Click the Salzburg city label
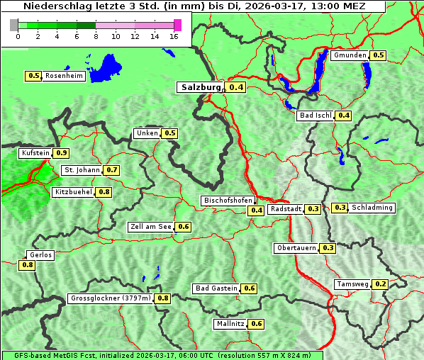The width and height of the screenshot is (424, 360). pyautogui.click(x=201, y=87)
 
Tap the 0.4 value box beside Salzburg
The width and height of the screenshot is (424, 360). pyautogui.click(x=236, y=88)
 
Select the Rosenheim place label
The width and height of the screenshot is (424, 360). pyautogui.click(x=64, y=76)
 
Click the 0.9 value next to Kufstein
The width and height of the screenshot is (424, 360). pyautogui.click(x=62, y=153)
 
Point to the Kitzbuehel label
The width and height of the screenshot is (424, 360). pyautogui.click(x=73, y=192)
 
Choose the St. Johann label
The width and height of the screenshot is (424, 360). pyautogui.click(x=82, y=170)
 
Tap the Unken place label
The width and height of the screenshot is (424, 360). pyautogui.click(x=147, y=133)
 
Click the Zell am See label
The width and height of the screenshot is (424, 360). pyautogui.click(x=151, y=227)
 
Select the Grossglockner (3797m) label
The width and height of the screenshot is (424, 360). pyautogui.click(x=111, y=298)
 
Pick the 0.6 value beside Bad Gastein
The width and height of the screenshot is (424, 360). pyautogui.click(x=250, y=288)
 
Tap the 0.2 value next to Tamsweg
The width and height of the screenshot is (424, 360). pyautogui.click(x=381, y=284)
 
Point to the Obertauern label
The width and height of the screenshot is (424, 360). pyautogui.click(x=296, y=248)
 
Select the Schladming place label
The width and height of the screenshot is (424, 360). pyautogui.click(x=372, y=208)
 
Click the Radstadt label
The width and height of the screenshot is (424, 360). pyautogui.click(x=286, y=209)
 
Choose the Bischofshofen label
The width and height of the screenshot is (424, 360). pyautogui.click(x=228, y=201)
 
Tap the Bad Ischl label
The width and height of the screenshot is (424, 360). pyautogui.click(x=315, y=116)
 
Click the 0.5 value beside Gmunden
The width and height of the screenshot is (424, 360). pyautogui.click(x=379, y=55)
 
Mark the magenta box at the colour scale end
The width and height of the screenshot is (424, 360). pyautogui.click(x=177, y=25)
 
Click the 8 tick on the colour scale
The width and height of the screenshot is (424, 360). pyautogui.click(x=96, y=35)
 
